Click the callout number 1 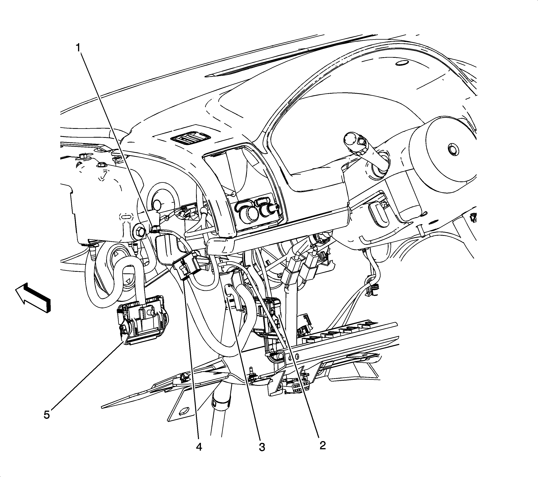point(78,48)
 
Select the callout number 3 point(262,447)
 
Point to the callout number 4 point(199,447)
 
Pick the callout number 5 point(47,415)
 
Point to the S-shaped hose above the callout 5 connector point(116,279)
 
